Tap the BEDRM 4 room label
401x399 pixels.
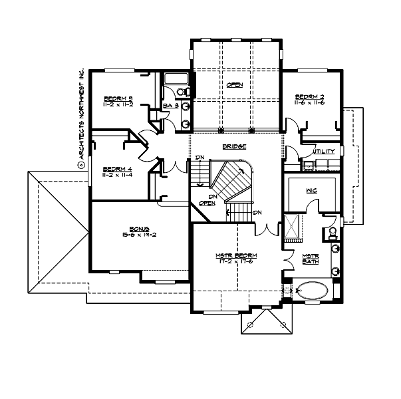(118, 169)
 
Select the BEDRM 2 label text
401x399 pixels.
(310, 98)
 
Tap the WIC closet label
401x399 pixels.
(311, 190)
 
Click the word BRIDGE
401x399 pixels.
(235, 146)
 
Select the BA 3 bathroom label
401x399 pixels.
(170, 106)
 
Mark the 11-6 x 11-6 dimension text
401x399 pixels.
(310, 104)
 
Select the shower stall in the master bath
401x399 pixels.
(293, 225)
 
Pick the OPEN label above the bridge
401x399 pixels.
(234, 84)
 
